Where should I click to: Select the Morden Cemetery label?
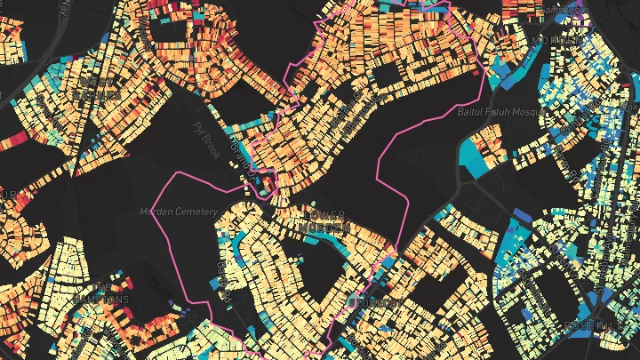(x=178, y=212)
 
